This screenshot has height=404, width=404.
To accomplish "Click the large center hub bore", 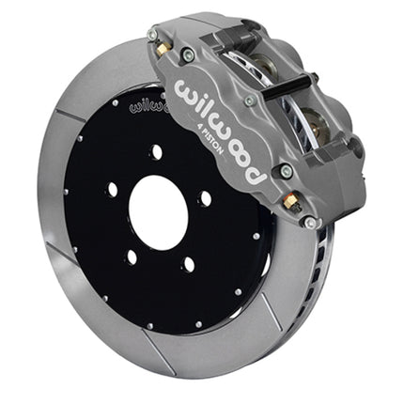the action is (x=158, y=212).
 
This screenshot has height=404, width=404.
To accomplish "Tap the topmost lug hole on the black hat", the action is (x=157, y=152).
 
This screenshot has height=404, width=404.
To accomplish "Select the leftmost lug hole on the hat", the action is (x=113, y=190).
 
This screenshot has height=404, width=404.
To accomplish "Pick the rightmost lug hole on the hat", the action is (x=206, y=198).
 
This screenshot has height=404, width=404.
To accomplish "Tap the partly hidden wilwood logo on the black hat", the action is (x=149, y=105).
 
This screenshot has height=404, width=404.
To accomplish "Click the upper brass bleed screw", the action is (x=163, y=49).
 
